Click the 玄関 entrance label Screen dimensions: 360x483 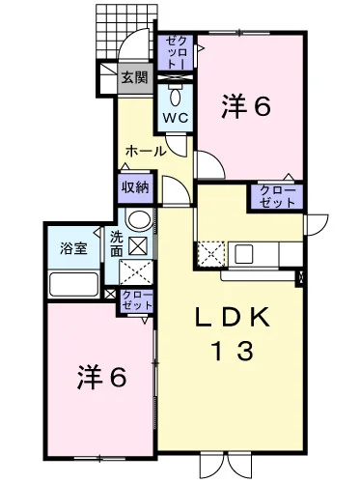click(x=134, y=77)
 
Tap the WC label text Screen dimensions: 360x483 click(x=176, y=118)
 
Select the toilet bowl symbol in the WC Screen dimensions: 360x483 click(x=176, y=95)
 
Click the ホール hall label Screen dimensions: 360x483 click(x=146, y=151)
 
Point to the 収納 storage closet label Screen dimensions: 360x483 click(x=135, y=187)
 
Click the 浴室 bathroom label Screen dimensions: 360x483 click(x=73, y=248)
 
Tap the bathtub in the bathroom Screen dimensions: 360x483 click(x=73, y=284)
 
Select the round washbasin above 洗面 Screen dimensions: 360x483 click(x=139, y=219)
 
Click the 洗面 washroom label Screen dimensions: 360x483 click(x=117, y=244)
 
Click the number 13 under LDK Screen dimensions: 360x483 click(x=233, y=351)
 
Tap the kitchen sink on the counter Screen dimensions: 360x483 click(x=243, y=254)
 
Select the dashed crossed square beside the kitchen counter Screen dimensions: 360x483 click(x=210, y=254)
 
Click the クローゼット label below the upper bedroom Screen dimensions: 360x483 click(x=277, y=196)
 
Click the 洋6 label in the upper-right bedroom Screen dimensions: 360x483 click(x=245, y=106)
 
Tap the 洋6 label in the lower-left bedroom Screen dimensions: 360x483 click(x=102, y=378)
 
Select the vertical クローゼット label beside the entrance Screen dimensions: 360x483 click(x=176, y=51)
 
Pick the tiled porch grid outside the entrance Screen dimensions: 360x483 click(x=127, y=32)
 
